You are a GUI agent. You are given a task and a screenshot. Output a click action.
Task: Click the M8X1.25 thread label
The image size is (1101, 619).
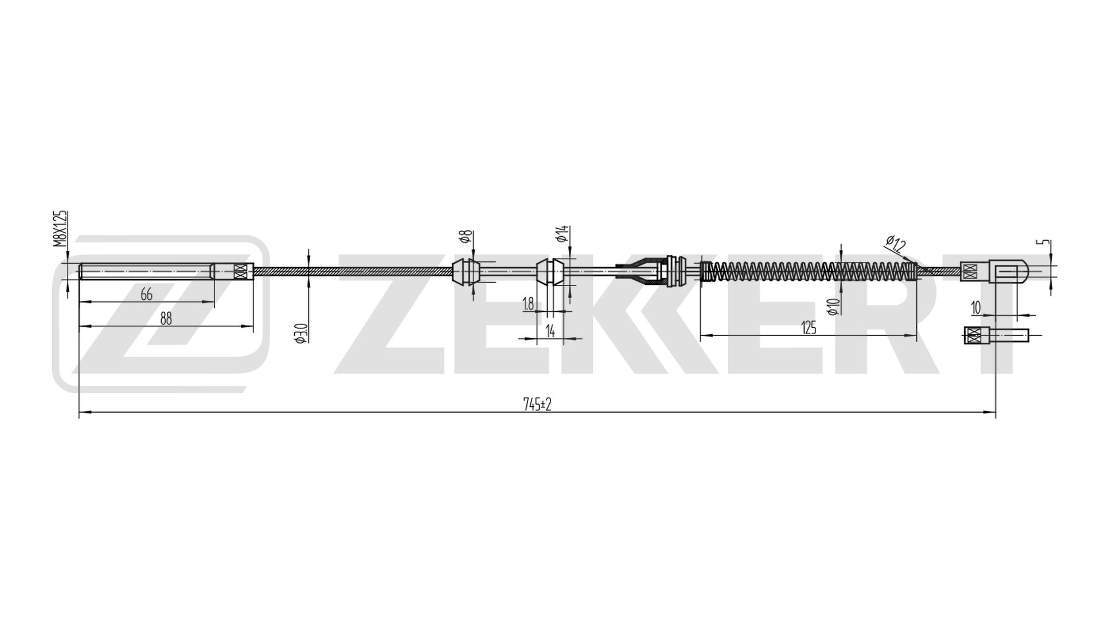click(x=61, y=229)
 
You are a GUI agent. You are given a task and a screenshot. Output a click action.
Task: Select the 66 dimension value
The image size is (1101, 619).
click(x=147, y=295)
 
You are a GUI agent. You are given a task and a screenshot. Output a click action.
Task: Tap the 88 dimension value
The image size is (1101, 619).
click(x=166, y=319)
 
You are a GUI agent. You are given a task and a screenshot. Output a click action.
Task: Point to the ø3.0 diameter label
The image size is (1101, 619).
click(x=302, y=333)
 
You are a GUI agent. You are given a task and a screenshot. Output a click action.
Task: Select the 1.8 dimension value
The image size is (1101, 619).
click(x=529, y=304)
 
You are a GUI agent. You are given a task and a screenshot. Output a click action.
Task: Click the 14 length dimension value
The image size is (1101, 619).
click(x=550, y=331)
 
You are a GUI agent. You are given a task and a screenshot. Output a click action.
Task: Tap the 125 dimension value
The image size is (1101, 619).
click(x=809, y=328)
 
